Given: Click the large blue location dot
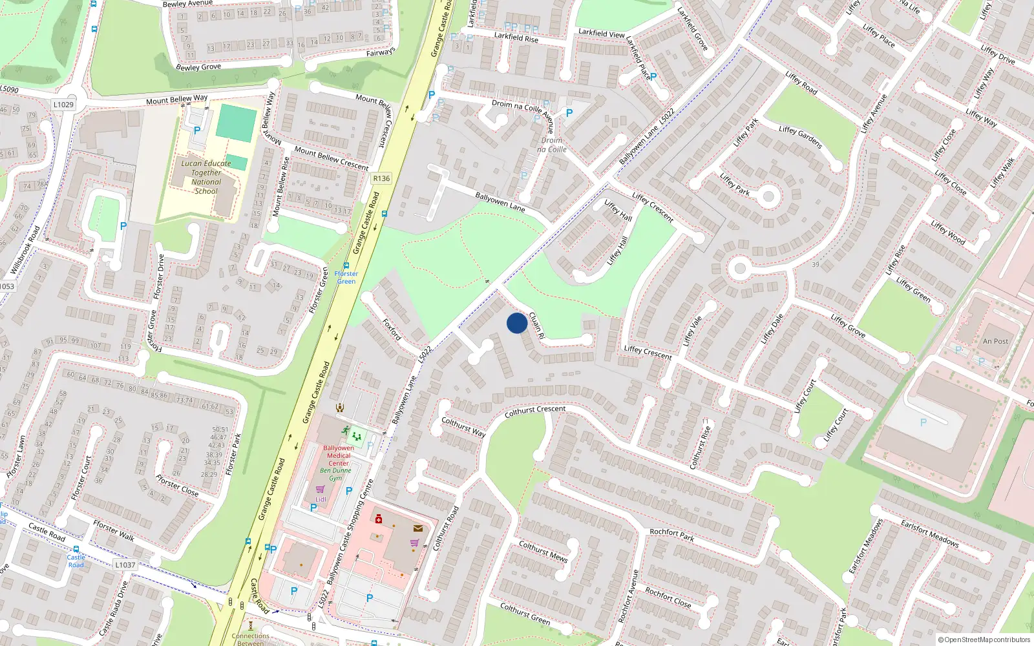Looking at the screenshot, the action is pyautogui.click(x=516, y=323).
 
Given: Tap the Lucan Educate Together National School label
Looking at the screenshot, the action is pyautogui.click(x=206, y=177).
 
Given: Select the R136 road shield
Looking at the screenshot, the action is pyautogui.click(x=381, y=178).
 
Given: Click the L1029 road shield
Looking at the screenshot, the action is pyautogui.click(x=63, y=105).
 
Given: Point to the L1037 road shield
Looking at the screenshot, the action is pyautogui.click(x=125, y=565).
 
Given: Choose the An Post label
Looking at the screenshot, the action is pyautogui.click(x=995, y=341).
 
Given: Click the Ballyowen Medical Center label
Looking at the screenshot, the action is pyautogui.click(x=339, y=455).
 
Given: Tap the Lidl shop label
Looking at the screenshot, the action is pyautogui.click(x=321, y=499).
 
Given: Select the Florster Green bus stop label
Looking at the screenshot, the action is pyautogui.click(x=346, y=277).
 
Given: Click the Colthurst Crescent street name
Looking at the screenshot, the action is pyautogui.click(x=535, y=410).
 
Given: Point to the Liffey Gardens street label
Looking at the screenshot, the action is pyautogui.click(x=800, y=137).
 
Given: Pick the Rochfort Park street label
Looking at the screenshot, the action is pyautogui.click(x=672, y=534).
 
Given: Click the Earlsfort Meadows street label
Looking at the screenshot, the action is pyautogui.click(x=930, y=533).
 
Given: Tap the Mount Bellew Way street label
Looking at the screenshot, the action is pyautogui.click(x=176, y=99).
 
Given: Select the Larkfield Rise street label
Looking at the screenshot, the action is pyautogui.click(x=516, y=37).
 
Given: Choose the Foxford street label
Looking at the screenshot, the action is pyautogui.click(x=392, y=329).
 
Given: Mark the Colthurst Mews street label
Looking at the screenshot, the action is pyautogui.click(x=543, y=551).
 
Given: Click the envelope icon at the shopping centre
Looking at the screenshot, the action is pyautogui.click(x=418, y=528).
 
